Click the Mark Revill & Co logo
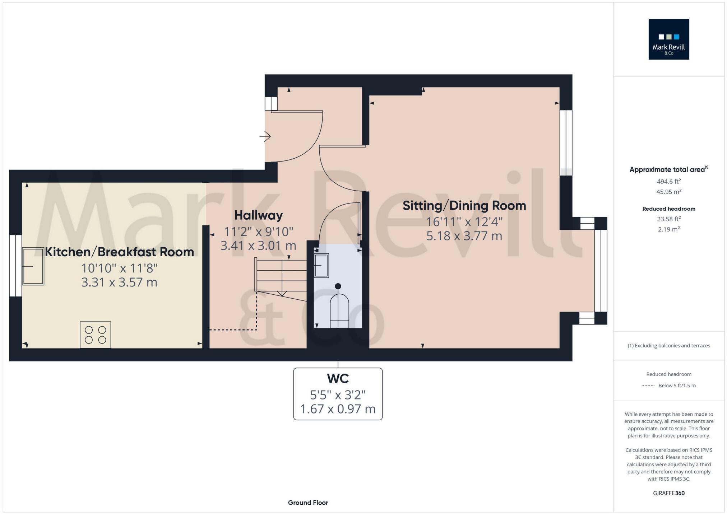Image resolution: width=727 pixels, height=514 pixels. click(668, 39)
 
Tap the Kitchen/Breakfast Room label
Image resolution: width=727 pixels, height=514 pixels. click(119, 252)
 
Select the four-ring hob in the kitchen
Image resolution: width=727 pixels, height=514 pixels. click(95, 335)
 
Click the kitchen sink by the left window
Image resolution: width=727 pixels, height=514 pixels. click(33, 266)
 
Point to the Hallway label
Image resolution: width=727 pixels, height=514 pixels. click(258, 215)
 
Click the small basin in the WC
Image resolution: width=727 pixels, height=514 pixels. click(321, 266)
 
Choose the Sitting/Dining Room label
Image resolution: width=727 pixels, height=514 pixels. click(464, 206)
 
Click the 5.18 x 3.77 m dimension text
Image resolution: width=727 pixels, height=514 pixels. click(464, 236)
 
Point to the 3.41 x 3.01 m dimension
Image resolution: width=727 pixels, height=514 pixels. click(258, 246)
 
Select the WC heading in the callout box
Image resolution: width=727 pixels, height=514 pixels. click(338, 379)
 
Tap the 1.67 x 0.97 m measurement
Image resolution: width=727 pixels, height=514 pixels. click(338, 409)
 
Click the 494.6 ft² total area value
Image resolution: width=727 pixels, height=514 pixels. click(668, 182)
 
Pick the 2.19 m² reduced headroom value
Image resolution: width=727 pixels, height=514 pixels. click(668, 229)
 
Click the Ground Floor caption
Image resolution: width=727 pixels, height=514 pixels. click(308, 503)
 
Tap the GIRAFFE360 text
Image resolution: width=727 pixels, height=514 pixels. click(668, 493)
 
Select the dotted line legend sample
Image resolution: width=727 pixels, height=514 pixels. click(648, 386)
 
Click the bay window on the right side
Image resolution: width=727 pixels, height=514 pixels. click(601, 271)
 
